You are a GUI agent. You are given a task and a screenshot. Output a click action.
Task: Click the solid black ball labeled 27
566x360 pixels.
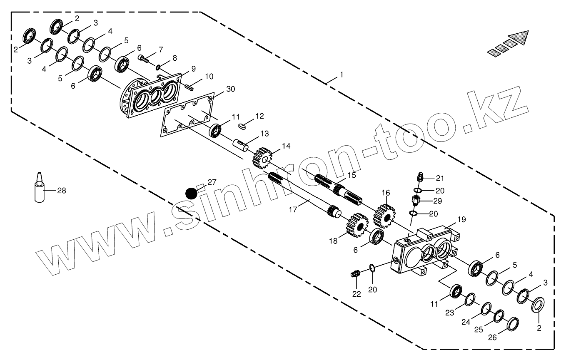pos(191,194)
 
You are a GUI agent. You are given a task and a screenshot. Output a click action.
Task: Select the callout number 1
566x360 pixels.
pos(342,75)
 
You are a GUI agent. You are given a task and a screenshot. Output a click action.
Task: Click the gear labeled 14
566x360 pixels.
pos(262,157)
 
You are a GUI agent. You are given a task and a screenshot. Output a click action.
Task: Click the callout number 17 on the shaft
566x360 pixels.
pos(293,209)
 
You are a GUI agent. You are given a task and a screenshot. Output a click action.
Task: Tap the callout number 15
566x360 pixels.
pos(352,175)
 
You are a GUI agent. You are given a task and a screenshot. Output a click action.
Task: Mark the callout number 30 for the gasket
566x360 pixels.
pos(230,89)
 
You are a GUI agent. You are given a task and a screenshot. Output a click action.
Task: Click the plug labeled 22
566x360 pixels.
pos(355,274)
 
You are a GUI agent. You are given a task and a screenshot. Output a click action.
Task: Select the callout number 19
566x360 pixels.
pos(461,219)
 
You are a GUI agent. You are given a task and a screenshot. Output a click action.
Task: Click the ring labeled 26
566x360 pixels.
pos(513,323)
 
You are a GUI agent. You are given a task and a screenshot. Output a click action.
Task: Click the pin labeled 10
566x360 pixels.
pos(189,87)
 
